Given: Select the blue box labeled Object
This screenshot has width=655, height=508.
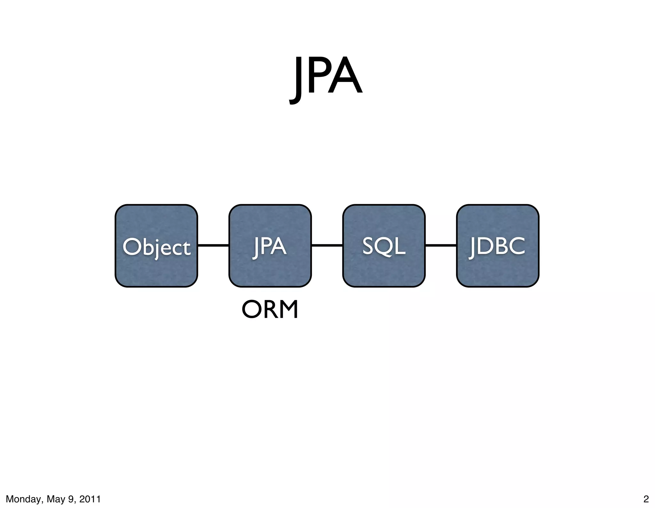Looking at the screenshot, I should click(x=156, y=246).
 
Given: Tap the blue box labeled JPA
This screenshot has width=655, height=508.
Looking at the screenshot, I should click(x=270, y=246).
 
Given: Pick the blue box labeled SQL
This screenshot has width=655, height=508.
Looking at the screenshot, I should click(x=384, y=246).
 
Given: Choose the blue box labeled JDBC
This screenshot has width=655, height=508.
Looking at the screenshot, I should click(x=498, y=246).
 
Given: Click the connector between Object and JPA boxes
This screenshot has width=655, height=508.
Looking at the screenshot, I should click(x=213, y=246).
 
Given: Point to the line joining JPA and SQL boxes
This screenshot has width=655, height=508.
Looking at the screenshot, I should click(x=327, y=246).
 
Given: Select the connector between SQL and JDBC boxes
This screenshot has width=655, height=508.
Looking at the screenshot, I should click(x=441, y=246).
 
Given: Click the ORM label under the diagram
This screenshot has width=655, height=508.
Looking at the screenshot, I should click(x=270, y=310).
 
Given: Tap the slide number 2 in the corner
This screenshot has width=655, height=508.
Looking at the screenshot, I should click(x=646, y=499).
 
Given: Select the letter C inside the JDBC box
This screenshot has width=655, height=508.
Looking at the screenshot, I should click(x=516, y=246).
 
